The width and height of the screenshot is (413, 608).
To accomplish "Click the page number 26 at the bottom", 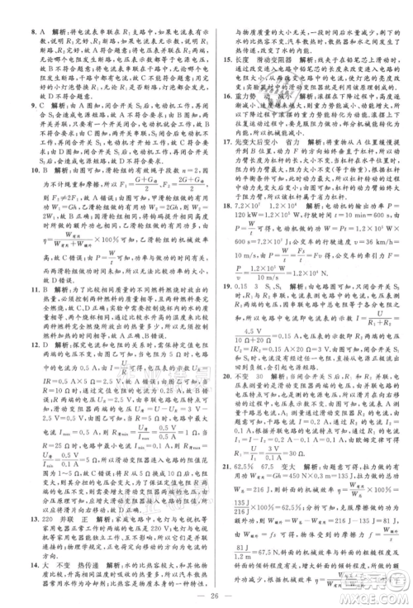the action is point(206,595).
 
